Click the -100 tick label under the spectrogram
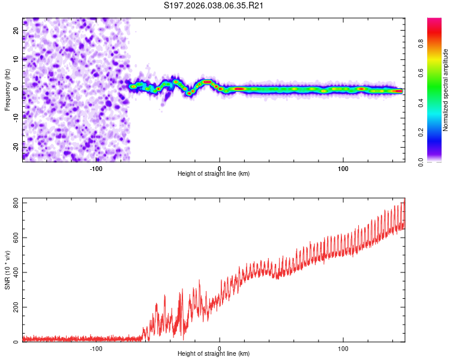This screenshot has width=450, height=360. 96,169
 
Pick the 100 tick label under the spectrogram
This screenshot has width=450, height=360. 343,169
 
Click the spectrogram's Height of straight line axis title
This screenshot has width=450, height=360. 214,174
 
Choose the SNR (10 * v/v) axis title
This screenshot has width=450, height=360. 7,270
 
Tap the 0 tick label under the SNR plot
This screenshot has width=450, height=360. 220,349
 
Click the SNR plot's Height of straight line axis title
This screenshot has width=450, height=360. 214,354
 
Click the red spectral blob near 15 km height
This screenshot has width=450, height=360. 239,89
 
